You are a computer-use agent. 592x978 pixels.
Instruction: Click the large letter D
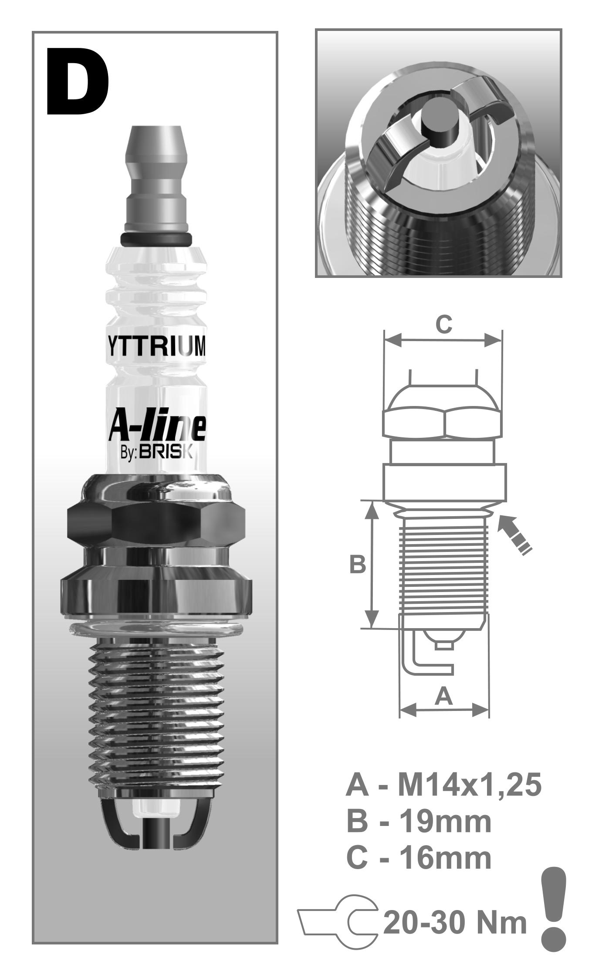pos(78,82)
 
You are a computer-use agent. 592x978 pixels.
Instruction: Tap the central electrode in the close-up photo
pos(440,123)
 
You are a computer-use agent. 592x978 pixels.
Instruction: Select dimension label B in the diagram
pos(358,565)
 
